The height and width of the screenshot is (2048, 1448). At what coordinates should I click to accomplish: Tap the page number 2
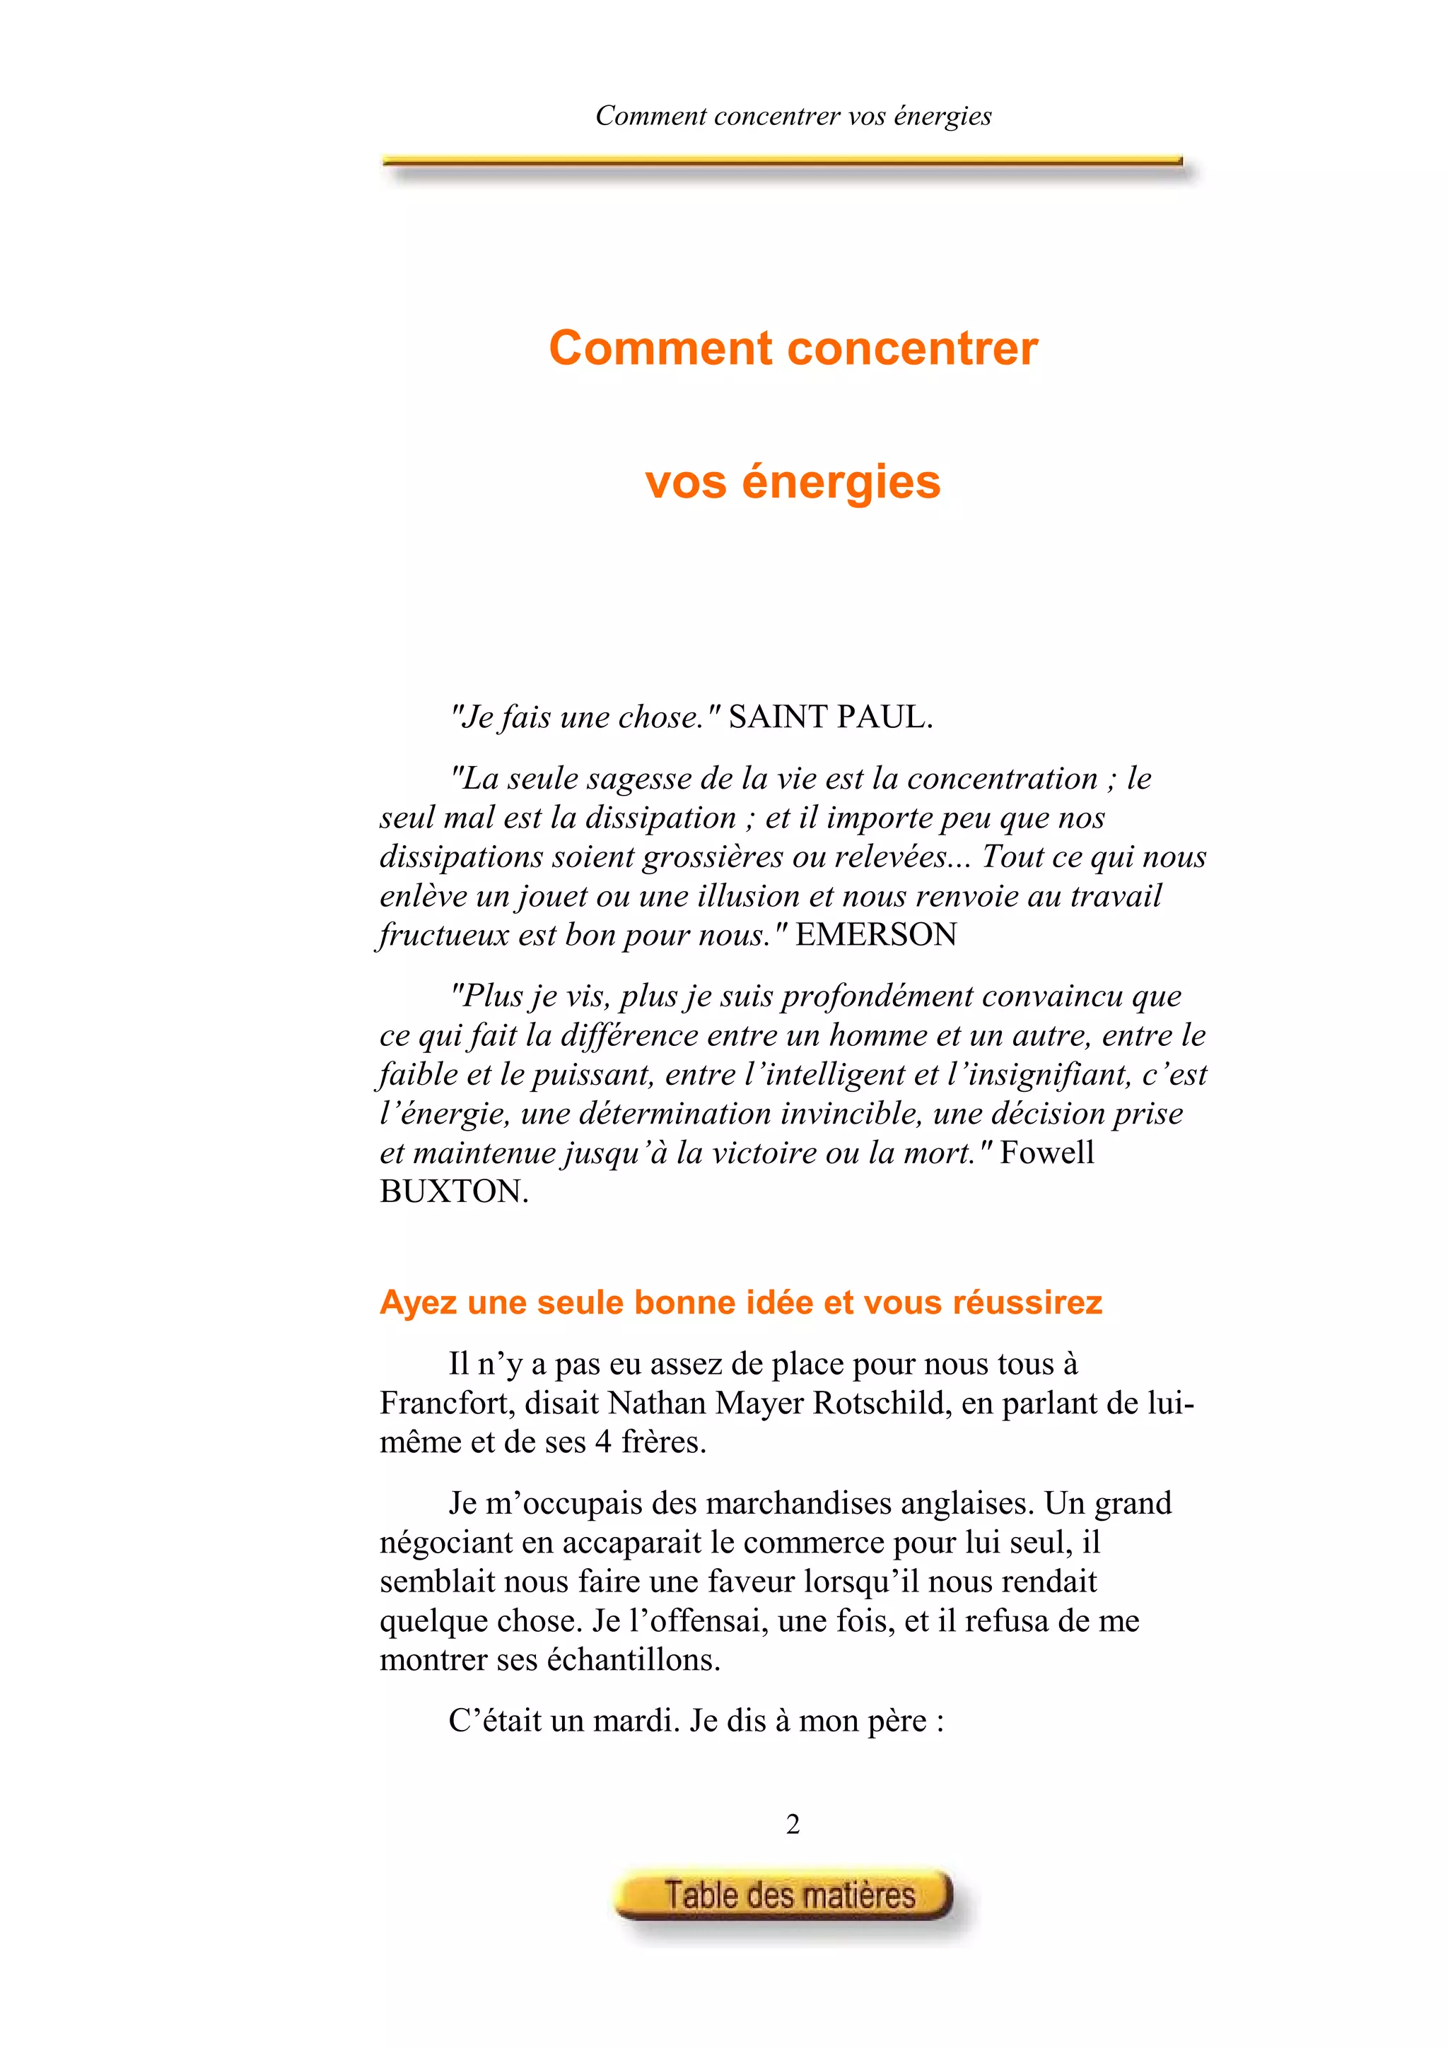click(793, 1824)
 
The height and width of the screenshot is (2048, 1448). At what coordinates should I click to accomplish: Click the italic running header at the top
click(793, 116)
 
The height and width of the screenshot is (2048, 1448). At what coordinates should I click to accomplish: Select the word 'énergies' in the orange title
click(841, 483)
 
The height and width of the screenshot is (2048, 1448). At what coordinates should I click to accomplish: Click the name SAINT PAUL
click(830, 717)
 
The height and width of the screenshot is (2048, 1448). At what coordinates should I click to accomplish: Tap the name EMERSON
click(876, 935)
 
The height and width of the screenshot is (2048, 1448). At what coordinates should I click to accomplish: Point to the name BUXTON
click(453, 1191)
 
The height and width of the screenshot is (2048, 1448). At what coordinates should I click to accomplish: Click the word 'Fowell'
click(1046, 1153)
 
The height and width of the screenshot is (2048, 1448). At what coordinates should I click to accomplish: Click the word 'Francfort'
click(447, 1403)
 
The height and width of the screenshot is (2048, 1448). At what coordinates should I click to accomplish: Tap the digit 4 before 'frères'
click(603, 1442)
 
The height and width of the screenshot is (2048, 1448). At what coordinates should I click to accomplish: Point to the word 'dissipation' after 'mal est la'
click(660, 818)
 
